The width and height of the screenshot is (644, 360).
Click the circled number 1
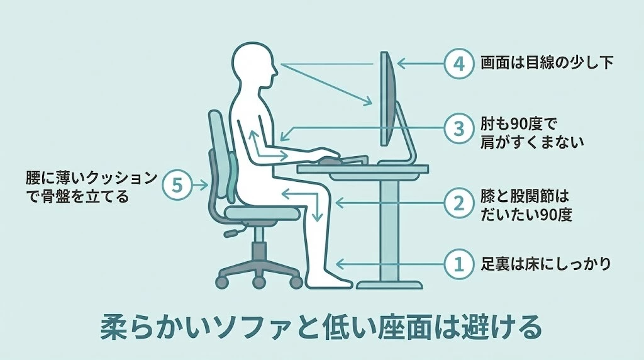click(x=458, y=264)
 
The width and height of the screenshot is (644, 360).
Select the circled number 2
click(x=458, y=203)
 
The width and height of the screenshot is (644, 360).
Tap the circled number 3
click(x=458, y=128)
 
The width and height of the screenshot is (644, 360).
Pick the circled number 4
click(x=458, y=64)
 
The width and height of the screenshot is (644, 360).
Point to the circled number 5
click(x=177, y=185)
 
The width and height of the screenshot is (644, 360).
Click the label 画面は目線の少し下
click(x=547, y=64)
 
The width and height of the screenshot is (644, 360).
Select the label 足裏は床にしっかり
click(x=546, y=264)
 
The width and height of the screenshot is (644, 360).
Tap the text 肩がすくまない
click(x=532, y=142)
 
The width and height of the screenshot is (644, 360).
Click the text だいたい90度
click(x=526, y=215)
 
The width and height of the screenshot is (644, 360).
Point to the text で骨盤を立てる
click(x=77, y=196)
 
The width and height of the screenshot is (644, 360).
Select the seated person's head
click(x=253, y=65)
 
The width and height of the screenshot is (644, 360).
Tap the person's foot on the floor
click(x=328, y=281)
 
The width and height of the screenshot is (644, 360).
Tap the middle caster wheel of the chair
click(x=258, y=282)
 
